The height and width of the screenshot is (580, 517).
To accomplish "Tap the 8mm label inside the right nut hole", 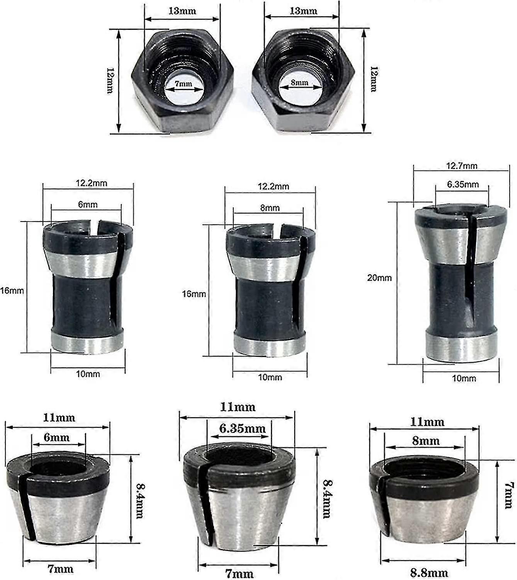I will pos(299,82).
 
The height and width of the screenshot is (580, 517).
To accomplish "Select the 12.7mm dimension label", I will pos(462,166).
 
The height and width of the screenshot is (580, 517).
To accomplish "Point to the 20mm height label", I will pos(379,278).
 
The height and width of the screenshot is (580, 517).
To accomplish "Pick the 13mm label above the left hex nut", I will pos(182,11).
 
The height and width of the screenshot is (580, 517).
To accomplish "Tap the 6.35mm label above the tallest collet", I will pos(463,184).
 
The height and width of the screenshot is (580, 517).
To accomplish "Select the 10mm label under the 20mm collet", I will pos(464,378).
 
